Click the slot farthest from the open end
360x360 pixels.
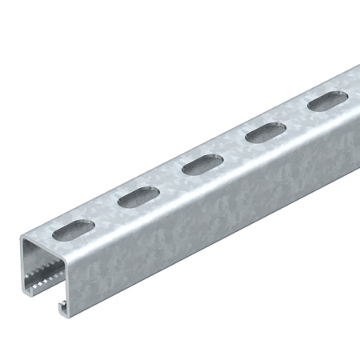327,102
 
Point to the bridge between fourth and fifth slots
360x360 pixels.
297,118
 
